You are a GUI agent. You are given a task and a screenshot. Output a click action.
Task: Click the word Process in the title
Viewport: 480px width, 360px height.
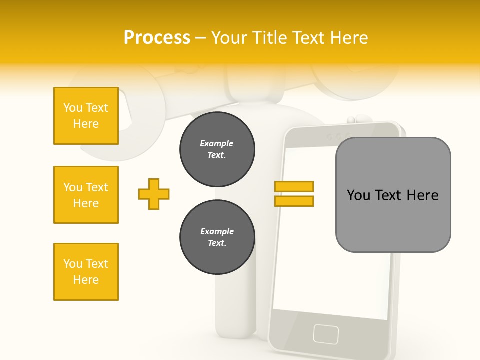[x=157, y=37]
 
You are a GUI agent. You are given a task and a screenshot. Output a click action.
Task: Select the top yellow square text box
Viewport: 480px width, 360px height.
[x=86, y=116]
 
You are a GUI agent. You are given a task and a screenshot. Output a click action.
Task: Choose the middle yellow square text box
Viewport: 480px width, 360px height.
[x=86, y=195]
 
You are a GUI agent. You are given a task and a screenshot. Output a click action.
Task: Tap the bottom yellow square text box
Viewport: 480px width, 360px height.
[x=86, y=272]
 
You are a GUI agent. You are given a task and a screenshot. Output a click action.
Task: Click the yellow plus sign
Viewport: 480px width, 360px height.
[x=154, y=194]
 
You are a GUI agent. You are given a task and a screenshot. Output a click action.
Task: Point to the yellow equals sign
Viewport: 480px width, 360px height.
[x=294, y=194]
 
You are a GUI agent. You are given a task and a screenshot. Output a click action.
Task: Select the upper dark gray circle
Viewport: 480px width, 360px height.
[x=217, y=149]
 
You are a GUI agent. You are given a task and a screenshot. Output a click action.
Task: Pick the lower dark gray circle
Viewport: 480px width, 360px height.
[x=217, y=237]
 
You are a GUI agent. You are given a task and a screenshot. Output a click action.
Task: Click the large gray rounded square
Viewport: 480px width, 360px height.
[x=393, y=195]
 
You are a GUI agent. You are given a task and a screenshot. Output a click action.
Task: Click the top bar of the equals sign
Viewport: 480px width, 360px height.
[x=294, y=186]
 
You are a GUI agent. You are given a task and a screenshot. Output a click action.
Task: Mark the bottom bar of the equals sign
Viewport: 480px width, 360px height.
[x=294, y=201]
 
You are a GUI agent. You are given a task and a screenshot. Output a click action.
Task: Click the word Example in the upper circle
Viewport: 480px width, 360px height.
[x=217, y=143]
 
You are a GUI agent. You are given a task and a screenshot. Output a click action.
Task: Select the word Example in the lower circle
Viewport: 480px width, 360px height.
[x=217, y=231]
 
